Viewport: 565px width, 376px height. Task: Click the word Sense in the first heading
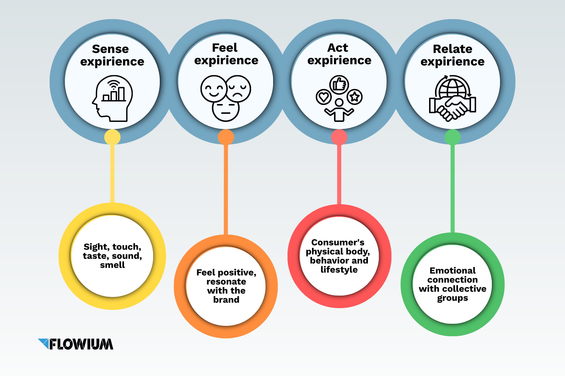pyautogui.click(x=110, y=49)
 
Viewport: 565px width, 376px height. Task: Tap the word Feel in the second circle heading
pyautogui.click(x=225, y=48)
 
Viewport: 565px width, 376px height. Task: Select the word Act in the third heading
pyautogui.click(x=338, y=48)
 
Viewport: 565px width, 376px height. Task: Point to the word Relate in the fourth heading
pyautogui.click(x=452, y=49)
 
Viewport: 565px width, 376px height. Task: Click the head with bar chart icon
pyautogui.click(x=112, y=98)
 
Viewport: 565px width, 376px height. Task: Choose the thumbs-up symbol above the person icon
pyautogui.click(x=339, y=84)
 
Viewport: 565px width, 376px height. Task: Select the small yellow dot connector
pyautogui.click(x=112, y=137)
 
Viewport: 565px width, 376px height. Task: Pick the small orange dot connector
pyautogui.click(x=226, y=137)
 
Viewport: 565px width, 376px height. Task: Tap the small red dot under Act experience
pyautogui.click(x=339, y=137)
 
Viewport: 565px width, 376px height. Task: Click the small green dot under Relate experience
pyautogui.click(x=452, y=137)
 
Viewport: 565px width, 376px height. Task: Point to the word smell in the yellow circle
pyautogui.click(x=112, y=265)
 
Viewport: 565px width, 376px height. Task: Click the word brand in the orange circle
pyautogui.click(x=226, y=300)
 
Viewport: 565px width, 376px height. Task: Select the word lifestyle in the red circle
pyautogui.click(x=339, y=270)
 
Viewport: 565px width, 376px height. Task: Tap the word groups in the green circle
pyautogui.click(x=452, y=298)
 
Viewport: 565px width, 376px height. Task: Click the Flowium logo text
pyautogui.click(x=81, y=344)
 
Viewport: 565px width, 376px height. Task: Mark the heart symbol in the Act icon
pyautogui.click(x=324, y=97)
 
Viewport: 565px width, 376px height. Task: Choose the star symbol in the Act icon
pyautogui.click(x=355, y=97)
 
